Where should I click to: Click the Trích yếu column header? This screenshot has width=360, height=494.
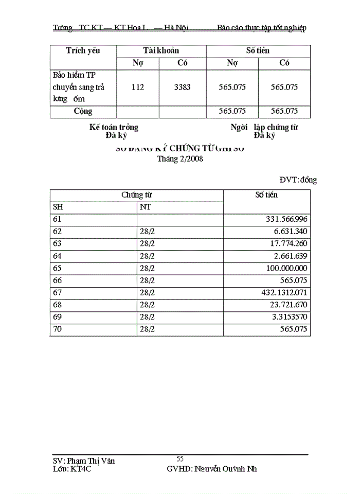tap(83, 50)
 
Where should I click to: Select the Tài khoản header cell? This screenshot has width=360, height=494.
tap(161, 50)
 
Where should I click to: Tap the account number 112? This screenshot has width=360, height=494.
tap(138, 87)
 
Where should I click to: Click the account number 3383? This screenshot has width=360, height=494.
tap(183, 87)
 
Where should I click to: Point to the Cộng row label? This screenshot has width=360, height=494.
tap(83, 111)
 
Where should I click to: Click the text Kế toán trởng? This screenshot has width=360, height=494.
tap(114, 127)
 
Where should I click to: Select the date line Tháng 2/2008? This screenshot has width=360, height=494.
tap(180, 159)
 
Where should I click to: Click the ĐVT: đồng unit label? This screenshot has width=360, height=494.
tap(298, 180)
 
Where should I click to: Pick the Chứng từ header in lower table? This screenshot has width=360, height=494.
tap(136, 195)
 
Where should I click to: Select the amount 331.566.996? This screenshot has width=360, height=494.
tap(286, 220)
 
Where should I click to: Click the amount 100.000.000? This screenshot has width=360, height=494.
tap(286, 268)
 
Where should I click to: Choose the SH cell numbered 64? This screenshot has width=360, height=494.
tap(58, 256)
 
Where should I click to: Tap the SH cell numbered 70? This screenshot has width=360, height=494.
tap(58, 329)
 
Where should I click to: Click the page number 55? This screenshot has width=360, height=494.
tap(180, 458)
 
